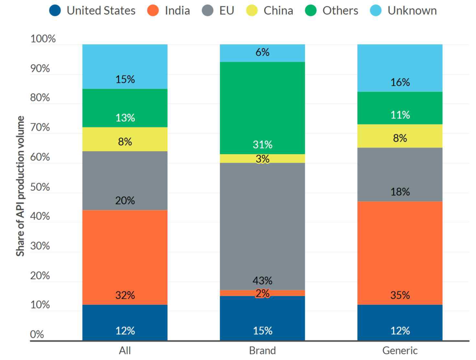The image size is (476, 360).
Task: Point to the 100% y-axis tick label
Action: (43, 39)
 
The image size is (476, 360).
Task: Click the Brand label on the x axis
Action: (262, 351)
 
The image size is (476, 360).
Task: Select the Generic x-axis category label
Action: (400, 351)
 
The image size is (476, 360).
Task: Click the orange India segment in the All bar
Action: (125, 252)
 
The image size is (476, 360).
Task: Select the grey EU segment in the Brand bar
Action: (262, 224)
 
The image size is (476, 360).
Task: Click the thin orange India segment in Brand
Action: (238, 293)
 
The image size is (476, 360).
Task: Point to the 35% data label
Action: (400, 295)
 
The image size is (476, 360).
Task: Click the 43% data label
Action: (262, 281)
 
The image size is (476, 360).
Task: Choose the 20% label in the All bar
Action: (125, 201)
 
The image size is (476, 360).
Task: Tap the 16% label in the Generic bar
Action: (400, 82)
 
